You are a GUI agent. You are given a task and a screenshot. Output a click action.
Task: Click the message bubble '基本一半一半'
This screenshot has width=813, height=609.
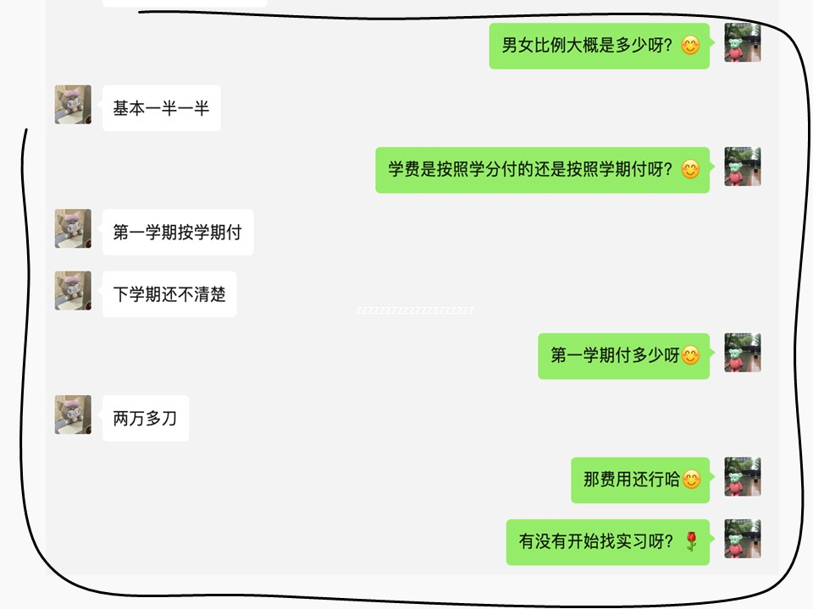point(161,108)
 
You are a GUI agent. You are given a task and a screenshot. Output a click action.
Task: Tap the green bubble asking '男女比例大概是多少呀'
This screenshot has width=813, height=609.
point(599,46)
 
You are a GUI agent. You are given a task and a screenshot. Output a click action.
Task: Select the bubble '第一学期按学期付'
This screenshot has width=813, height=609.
point(178,233)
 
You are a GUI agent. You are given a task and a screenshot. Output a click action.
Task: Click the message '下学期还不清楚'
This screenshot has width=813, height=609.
point(169,294)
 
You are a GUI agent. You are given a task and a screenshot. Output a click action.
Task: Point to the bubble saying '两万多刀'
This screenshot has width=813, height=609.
point(145,418)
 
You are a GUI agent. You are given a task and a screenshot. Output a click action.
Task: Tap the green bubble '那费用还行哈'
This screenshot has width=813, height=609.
point(639,480)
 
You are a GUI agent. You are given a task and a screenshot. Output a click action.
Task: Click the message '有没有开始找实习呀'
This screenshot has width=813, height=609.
point(607,542)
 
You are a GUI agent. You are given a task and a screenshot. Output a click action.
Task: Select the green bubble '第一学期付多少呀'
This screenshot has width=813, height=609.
point(623,356)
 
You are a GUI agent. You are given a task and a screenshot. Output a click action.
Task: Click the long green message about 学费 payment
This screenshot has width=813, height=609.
point(542,170)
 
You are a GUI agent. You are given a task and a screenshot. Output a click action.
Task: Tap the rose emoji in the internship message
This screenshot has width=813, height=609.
point(691,542)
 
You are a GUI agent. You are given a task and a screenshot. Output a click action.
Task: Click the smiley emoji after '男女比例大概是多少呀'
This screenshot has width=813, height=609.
point(691,46)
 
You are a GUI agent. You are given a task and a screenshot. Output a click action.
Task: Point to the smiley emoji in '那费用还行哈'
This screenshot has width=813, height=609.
point(691,480)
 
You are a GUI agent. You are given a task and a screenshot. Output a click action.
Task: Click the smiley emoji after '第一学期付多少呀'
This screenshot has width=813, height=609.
point(691,356)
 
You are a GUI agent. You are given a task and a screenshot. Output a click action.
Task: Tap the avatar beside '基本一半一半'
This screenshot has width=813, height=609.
point(73,104)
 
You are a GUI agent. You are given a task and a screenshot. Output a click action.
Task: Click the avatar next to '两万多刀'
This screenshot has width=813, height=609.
point(73,414)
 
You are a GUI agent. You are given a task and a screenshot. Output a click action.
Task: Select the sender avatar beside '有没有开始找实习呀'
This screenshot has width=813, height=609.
point(743,539)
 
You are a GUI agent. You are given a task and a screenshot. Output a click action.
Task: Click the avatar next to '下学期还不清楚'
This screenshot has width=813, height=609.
point(73,290)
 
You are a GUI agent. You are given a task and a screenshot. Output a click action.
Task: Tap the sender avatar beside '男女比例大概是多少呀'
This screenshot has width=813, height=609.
point(743,42)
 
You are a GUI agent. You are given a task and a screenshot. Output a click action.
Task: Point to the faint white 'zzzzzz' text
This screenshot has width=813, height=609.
point(415,310)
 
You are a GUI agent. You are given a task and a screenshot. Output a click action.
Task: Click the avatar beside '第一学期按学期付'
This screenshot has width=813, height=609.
point(73,228)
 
